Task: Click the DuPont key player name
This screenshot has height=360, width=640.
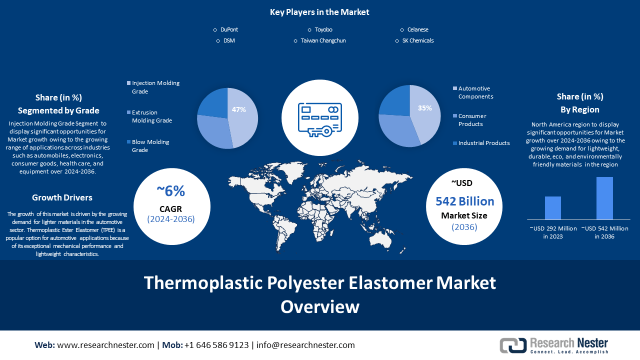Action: (x=229, y=30)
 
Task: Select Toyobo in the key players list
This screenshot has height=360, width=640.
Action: (x=323, y=30)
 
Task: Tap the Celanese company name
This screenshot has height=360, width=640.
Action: (x=417, y=30)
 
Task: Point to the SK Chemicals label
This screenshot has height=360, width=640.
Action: (x=417, y=41)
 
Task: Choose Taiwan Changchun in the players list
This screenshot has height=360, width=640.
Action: (x=323, y=41)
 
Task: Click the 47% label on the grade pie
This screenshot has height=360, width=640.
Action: (x=238, y=109)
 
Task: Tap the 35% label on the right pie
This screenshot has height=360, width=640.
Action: (x=425, y=108)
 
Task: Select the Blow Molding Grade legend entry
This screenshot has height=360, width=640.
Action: (x=150, y=146)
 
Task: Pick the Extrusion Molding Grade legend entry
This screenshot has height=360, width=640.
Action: (x=151, y=116)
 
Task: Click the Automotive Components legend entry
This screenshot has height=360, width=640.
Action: (x=475, y=92)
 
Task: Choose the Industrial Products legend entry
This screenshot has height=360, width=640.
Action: (x=483, y=143)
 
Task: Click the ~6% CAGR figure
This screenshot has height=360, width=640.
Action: (x=170, y=191)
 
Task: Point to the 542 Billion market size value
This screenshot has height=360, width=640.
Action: (x=464, y=201)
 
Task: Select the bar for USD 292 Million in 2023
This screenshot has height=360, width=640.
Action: (x=552, y=207)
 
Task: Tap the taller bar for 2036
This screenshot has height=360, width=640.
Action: (x=604, y=198)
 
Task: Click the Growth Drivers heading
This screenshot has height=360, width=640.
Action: (x=62, y=197)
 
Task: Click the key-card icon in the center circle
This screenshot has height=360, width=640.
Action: (x=319, y=119)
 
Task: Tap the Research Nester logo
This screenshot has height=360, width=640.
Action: (x=554, y=345)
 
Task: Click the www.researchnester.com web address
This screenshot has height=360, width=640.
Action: (x=105, y=345)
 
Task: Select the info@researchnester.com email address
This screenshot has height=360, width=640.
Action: (x=305, y=345)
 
